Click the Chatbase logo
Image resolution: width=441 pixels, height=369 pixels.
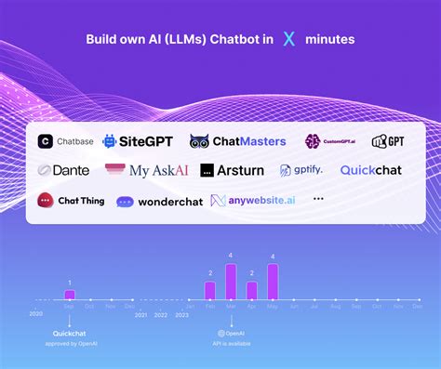pos(64,141)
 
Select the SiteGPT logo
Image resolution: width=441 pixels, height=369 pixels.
pos(137,141)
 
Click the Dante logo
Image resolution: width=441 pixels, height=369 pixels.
pos(63,170)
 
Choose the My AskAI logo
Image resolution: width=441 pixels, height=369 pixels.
pos(146,170)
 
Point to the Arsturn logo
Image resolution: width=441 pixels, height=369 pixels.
pos(232,170)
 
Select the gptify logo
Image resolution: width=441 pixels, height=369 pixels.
pos(302,170)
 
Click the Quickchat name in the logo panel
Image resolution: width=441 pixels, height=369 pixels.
pos(370,170)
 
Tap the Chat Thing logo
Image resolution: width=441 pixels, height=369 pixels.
pos(71,200)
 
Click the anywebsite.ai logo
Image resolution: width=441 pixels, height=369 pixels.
pos(253,200)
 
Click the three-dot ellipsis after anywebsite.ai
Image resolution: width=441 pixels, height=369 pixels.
pos(319,199)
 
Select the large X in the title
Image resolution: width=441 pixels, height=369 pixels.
pos(289,39)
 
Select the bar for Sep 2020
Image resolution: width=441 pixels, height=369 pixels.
pos(69,294)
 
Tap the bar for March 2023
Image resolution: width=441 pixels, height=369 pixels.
pos(231,282)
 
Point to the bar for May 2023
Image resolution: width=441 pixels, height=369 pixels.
pos(273,282)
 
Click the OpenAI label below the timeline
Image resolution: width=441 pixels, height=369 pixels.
pos(233,332)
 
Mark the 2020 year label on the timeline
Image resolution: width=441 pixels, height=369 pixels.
pos(35,315)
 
